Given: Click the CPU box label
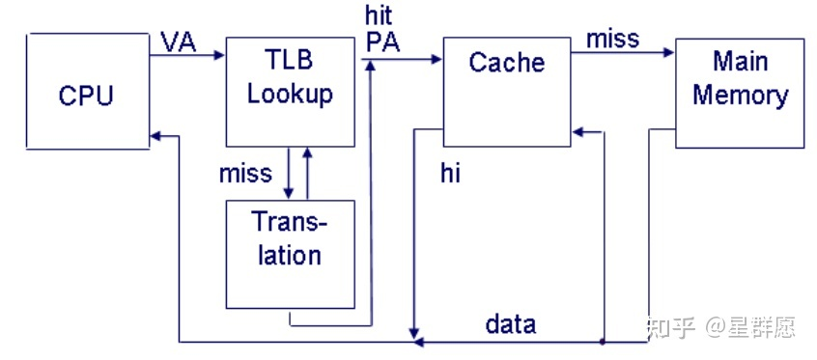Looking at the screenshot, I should [86, 96].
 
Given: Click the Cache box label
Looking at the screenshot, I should [506, 63].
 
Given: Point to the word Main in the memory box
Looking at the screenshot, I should [740, 63].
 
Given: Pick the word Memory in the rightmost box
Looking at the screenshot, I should [740, 96].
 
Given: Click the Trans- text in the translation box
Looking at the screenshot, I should [290, 223].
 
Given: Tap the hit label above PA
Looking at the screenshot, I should [379, 16].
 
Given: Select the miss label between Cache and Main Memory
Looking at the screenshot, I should [612, 39].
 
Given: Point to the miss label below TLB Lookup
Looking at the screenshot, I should [245, 174].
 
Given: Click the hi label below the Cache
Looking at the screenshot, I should [450, 174].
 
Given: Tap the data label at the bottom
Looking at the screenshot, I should [511, 323].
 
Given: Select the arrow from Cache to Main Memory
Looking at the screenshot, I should [623, 55].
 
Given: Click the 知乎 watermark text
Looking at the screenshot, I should [670, 327].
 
